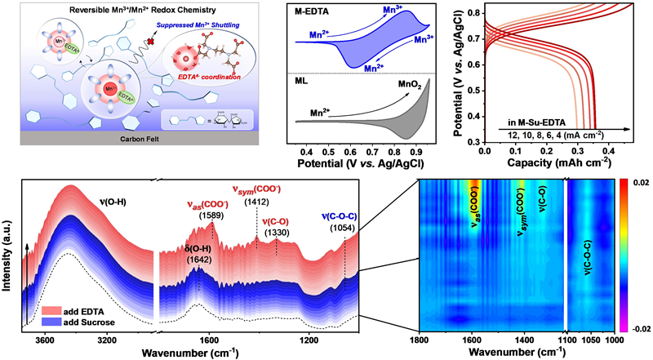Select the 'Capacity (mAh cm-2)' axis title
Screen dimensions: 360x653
click(556, 164)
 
